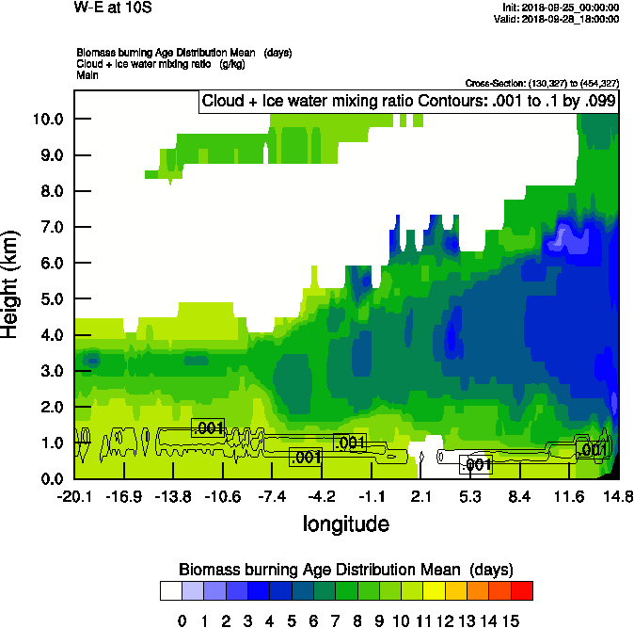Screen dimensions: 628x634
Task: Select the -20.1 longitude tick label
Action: [x=74, y=497]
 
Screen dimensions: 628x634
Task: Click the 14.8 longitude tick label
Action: [x=618, y=497]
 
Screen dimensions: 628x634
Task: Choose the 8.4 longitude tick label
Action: [x=520, y=497]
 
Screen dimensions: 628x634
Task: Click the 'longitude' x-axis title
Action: [x=346, y=523]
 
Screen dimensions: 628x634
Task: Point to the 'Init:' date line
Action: [x=562, y=8]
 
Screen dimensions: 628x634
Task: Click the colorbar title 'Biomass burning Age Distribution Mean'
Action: [x=345, y=569]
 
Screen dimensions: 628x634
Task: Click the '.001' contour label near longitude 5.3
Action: [x=475, y=464]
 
